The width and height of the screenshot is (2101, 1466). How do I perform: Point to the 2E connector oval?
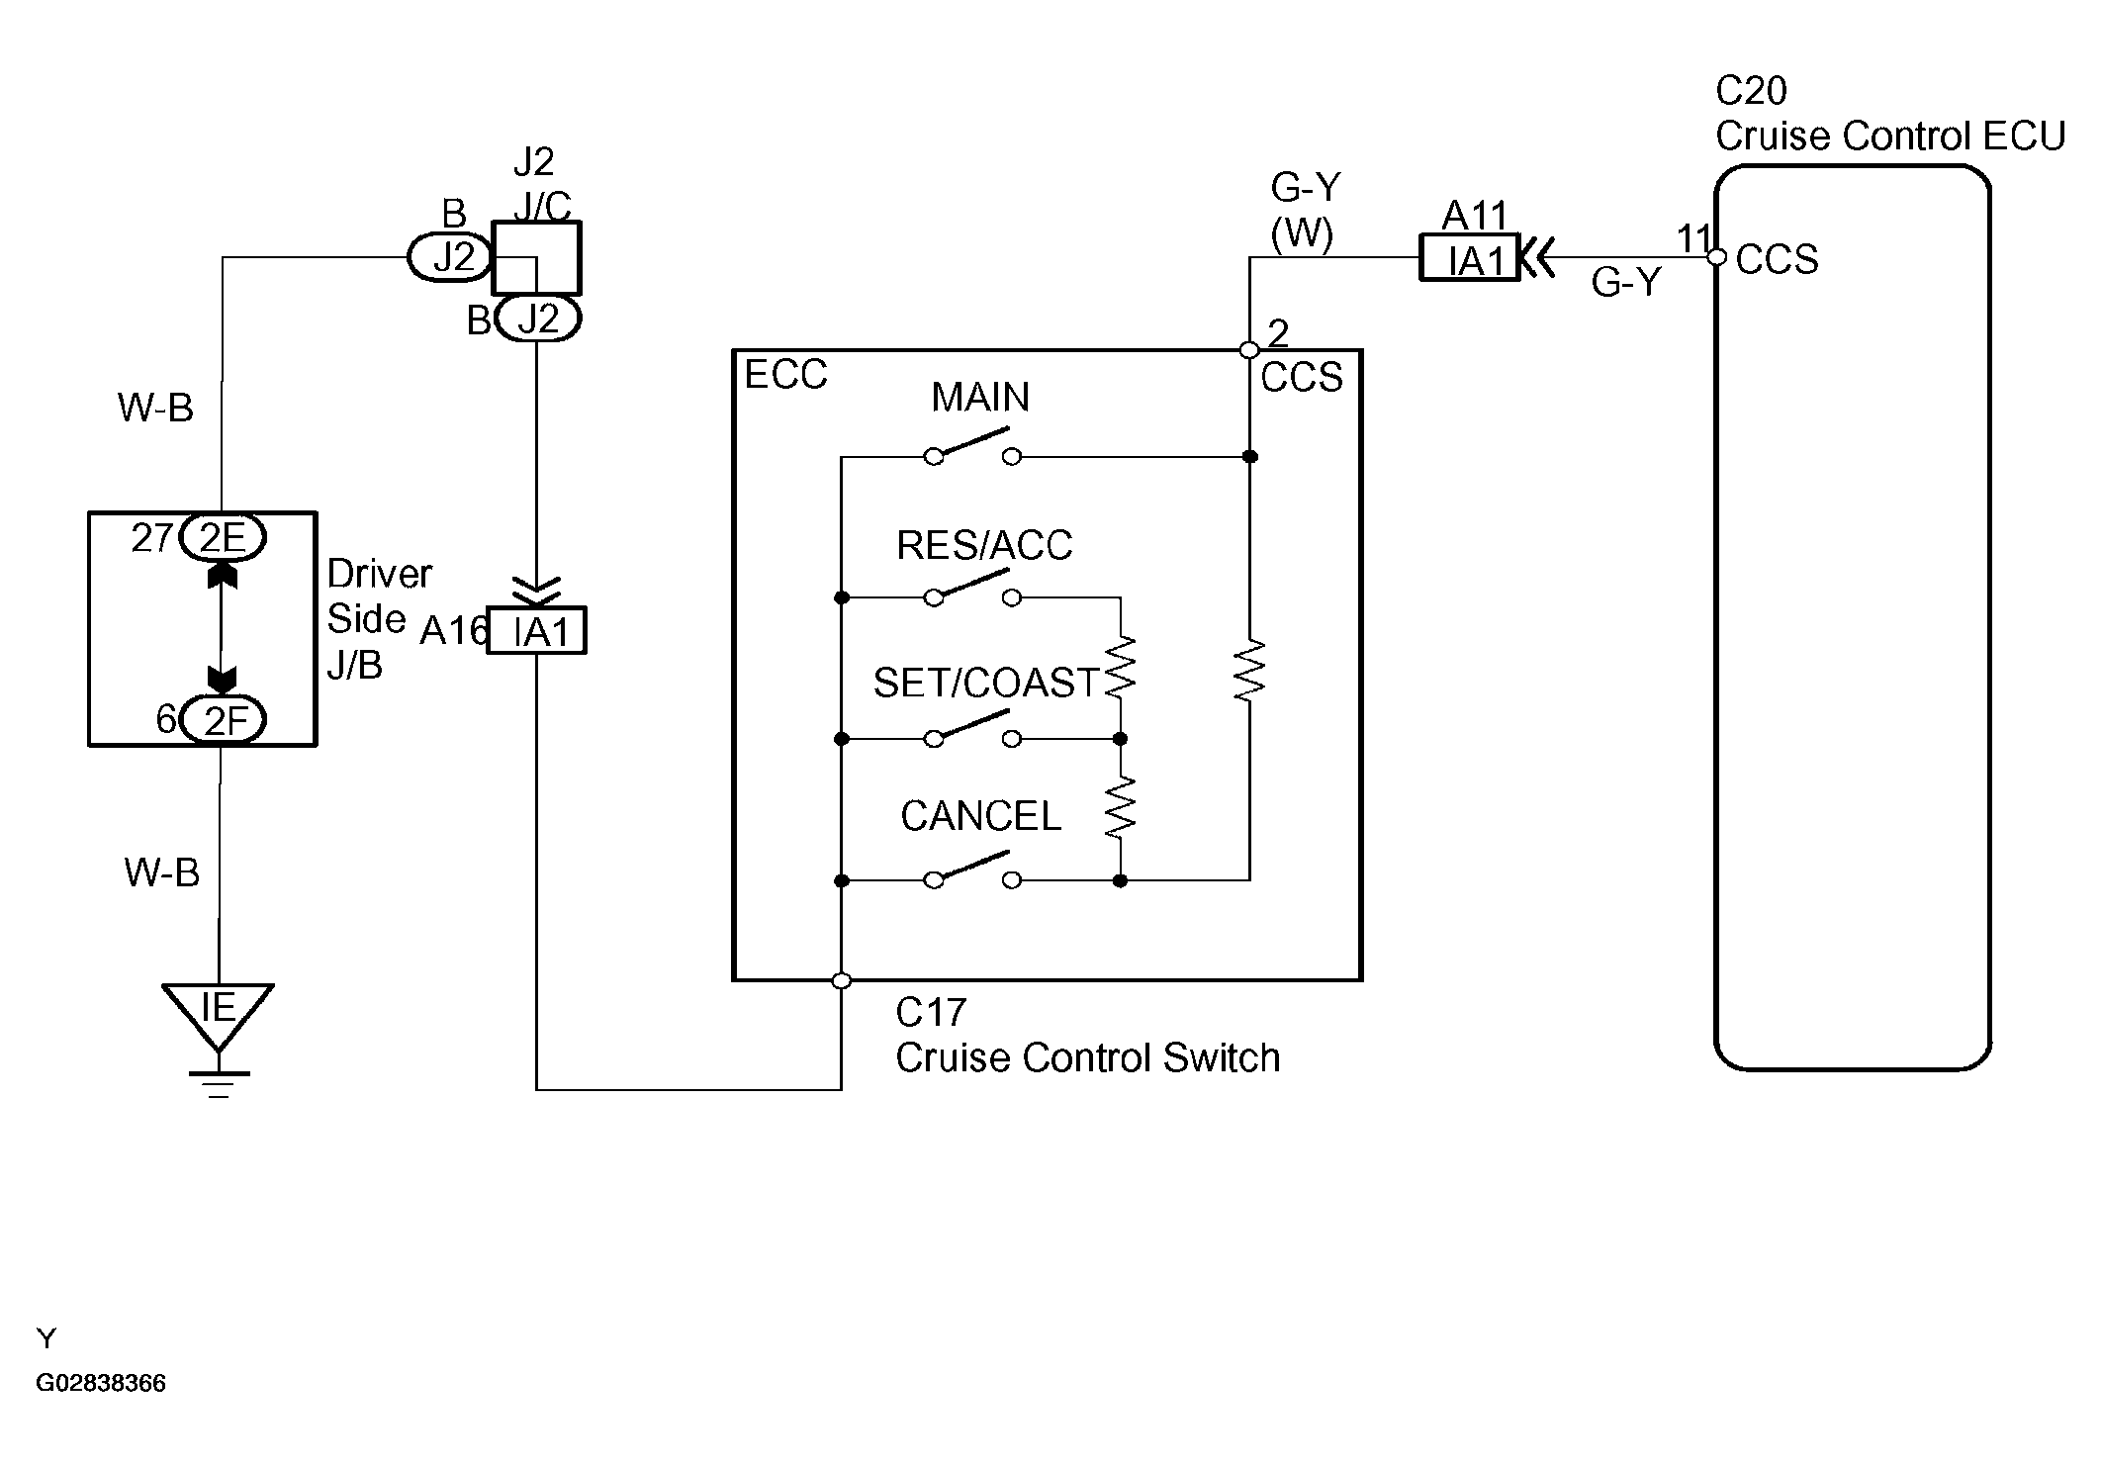point(223,538)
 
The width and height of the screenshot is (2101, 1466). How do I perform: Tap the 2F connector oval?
point(223,720)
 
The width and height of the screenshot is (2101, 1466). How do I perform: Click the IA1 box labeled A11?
point(1469,259)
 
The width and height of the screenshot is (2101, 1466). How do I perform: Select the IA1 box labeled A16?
point(537,631)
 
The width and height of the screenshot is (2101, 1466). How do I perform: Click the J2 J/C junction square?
point(537,258)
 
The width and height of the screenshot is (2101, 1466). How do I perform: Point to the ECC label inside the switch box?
point(785,375)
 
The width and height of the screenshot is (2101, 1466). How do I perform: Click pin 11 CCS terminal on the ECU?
point(1718,258)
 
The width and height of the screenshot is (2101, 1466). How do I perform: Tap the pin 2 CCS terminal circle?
point(1249,350)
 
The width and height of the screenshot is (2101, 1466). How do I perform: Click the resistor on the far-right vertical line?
point(1250,671)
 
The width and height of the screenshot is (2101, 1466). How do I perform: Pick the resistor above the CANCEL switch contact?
point(1120,806)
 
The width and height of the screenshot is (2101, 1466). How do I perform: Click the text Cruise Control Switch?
point(1088,1058)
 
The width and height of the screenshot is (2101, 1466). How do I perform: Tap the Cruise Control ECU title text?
point(1890,137)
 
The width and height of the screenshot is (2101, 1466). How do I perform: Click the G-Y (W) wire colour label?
point(1305,210)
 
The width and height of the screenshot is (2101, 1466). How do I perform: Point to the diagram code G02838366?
point(101,1383)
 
